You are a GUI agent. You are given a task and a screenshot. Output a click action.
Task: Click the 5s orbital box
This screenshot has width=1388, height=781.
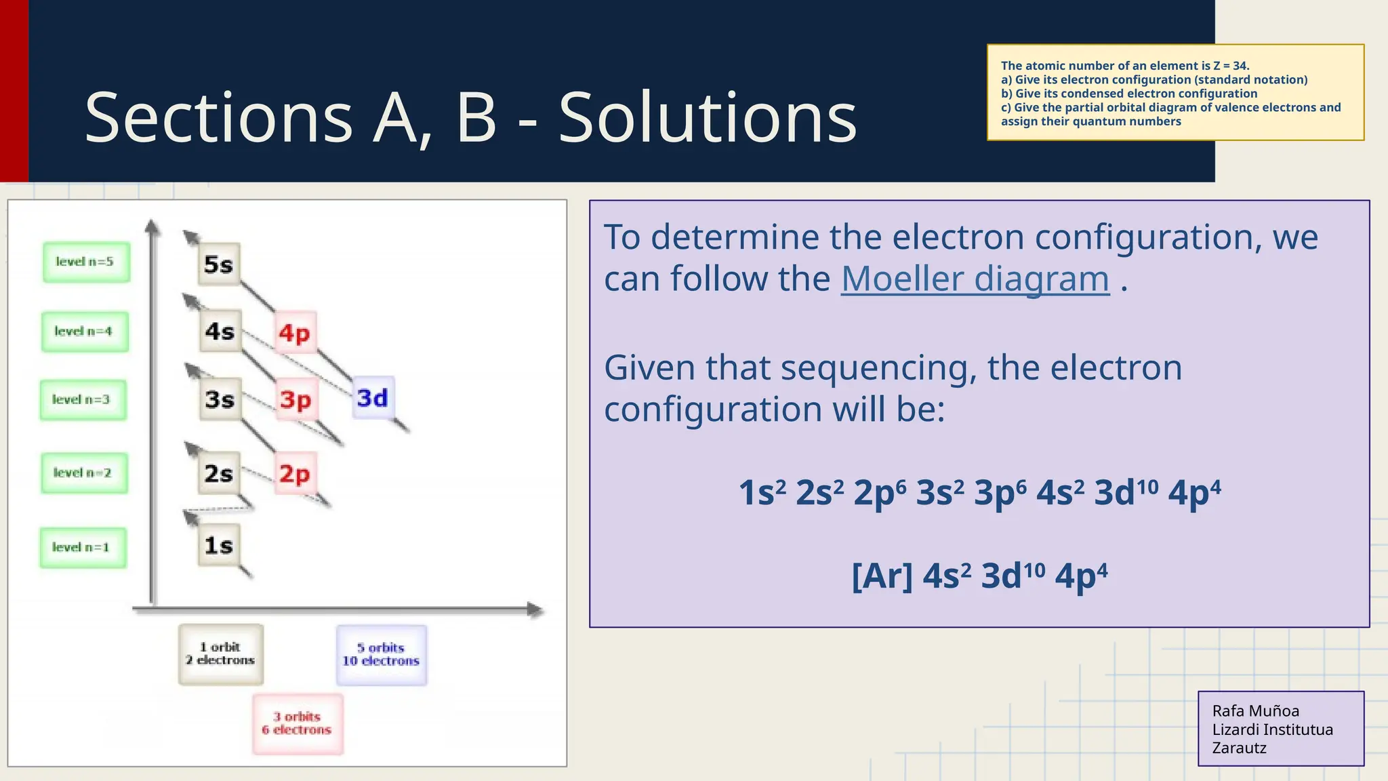[219, 264]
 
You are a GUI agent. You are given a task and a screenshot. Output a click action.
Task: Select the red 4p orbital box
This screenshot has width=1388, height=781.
[295, 333]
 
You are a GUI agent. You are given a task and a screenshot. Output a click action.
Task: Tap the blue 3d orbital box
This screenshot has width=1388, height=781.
[373, 398]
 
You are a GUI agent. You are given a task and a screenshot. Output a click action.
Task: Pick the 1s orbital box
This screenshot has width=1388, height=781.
[219, 545]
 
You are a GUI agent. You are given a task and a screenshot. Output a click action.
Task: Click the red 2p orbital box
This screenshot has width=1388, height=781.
[295, 473]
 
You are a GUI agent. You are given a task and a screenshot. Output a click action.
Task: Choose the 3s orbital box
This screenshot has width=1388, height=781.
[220, 399]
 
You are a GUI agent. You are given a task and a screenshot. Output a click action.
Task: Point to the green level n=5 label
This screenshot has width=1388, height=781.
[85, 262]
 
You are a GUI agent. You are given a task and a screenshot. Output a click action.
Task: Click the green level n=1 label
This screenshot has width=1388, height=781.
[82, 547]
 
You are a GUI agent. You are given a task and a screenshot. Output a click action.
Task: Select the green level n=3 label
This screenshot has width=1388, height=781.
[82, 400]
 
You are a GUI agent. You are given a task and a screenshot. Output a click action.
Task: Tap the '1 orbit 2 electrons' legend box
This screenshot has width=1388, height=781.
[220, 654]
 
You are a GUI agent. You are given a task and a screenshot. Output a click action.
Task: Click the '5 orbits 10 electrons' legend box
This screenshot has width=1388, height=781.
[381, 655]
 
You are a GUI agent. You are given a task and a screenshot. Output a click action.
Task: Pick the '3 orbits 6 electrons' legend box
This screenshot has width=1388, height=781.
[298, 723]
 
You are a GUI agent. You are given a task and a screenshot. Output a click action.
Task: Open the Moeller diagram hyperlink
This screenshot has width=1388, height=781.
[975, 279]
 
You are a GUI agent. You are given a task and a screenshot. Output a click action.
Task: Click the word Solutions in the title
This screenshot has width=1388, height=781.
[708, 119]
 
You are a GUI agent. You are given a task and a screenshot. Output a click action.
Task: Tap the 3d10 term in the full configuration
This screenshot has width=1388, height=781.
[1126, 493]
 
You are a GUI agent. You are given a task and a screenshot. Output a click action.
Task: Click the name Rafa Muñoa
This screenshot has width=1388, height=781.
[1255, 710]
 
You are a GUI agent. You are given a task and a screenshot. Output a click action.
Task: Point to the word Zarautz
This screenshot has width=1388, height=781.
[1239, 748]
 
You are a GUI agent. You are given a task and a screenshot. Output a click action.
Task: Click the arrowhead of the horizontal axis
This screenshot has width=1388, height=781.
[536, 609]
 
